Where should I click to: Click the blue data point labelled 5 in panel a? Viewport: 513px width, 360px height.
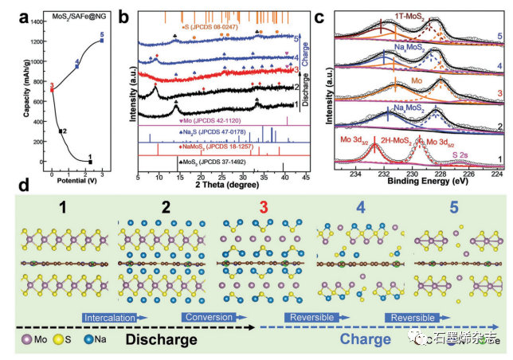[101, 41]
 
